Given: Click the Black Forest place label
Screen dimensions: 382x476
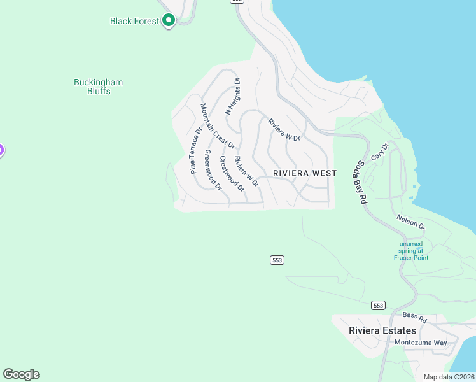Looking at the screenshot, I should coord(134,21).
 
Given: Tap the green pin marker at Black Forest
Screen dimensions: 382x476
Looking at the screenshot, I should coord(169,20).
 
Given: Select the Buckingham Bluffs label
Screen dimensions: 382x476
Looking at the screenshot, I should coord(98,87).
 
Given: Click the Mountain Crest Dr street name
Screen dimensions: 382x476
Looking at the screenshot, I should coord(218,126).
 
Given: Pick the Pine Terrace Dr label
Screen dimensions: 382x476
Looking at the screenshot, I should coord(196,150).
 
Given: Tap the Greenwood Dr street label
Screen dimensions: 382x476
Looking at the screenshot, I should coord(213,171).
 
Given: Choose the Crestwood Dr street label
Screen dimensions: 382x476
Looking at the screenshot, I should coord(232,173).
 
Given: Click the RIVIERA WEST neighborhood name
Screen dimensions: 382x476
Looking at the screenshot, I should coord(304,173).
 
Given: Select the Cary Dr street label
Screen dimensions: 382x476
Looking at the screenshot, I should coord(379,152).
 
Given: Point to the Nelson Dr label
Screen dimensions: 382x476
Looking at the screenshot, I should coord(410,222).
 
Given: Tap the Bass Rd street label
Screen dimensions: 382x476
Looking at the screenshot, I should coord(413,316).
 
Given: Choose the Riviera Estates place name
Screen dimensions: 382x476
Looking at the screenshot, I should coord(382,330).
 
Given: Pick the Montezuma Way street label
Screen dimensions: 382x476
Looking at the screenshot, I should coord(421,343).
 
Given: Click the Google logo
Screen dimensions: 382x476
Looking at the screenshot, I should coord(21,374).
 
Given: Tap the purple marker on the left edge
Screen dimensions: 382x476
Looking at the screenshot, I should coord(1,151).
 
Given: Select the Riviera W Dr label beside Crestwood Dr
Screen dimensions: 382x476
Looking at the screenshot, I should coord(246,171).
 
